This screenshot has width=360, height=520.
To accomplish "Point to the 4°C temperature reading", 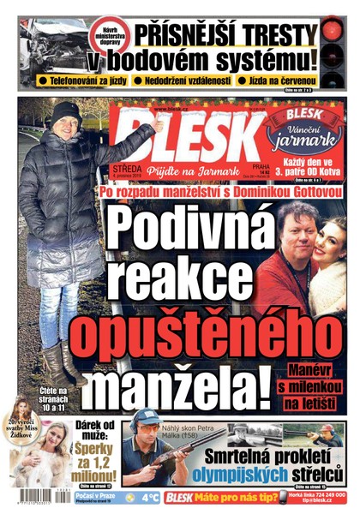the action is pos(150,498).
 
